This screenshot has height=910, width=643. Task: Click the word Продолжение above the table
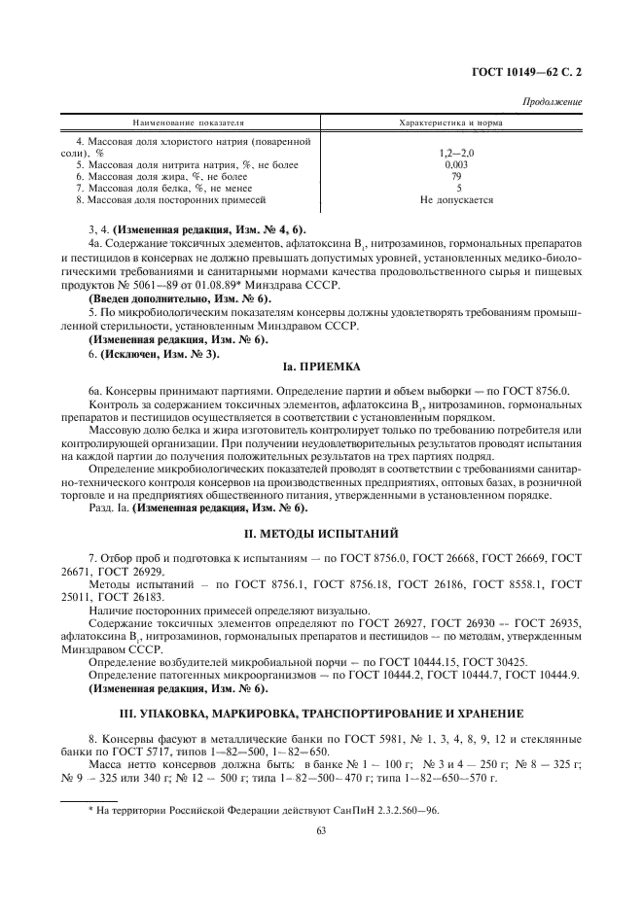(553, 102)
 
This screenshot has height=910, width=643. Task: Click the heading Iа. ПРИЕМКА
(321, 367)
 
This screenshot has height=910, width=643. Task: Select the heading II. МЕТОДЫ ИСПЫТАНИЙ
(321, 533)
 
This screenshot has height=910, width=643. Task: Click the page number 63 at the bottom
(321, 829)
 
